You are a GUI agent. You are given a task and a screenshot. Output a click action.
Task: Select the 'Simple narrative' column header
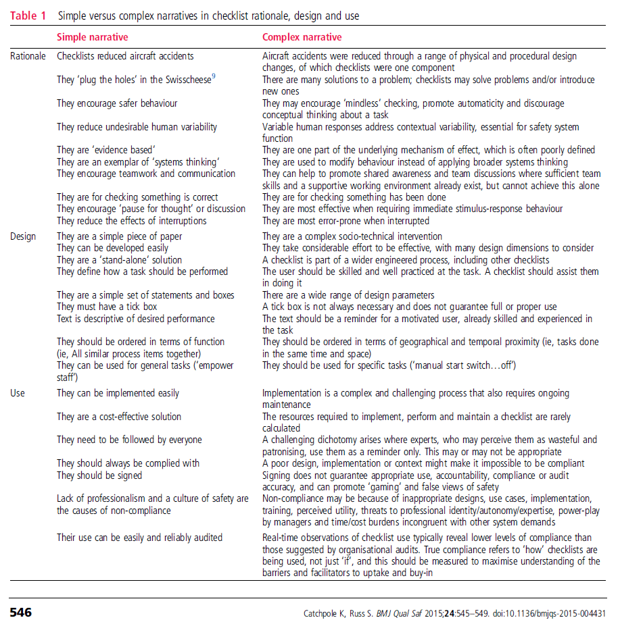pos(92,37)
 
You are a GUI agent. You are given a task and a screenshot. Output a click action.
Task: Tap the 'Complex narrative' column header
pos(302,37)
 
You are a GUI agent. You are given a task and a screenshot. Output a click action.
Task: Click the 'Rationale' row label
pos(28,57)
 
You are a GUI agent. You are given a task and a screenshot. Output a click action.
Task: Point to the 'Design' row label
pos(23,236)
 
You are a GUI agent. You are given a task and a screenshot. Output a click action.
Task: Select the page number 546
pos(20,613)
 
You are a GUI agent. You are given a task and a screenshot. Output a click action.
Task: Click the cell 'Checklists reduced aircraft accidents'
pos(124,57)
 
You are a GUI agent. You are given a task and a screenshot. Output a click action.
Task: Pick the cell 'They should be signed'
pos(99,475)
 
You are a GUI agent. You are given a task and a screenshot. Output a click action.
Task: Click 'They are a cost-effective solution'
pos(119,417)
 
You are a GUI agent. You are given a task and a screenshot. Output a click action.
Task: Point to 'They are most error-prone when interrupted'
pos(345,221)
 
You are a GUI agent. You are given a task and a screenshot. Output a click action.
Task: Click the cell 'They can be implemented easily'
pos(118,393)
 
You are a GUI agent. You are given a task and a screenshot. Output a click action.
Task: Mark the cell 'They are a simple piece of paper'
pos(119,236)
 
